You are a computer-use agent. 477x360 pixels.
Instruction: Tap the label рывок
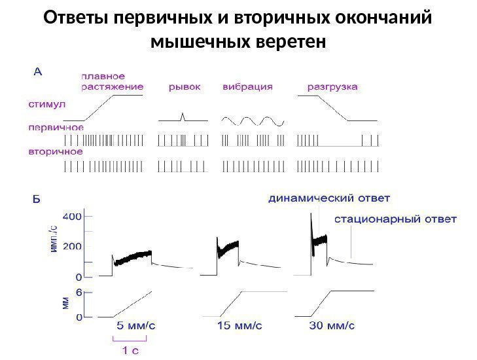(x=185, y=86)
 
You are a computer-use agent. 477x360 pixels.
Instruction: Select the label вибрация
(x=247, y=86)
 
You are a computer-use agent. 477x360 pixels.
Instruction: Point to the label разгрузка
(x=332, y=86)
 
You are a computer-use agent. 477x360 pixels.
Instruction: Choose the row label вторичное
(x=50, y=151)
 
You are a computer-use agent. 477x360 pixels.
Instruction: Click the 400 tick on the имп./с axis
(x=71, y=215)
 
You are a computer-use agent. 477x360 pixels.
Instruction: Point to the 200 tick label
(x=71, y=247)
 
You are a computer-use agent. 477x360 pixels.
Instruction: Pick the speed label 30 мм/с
(x=332, y=324)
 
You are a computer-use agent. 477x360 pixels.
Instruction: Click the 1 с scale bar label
(x=132, y=350)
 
